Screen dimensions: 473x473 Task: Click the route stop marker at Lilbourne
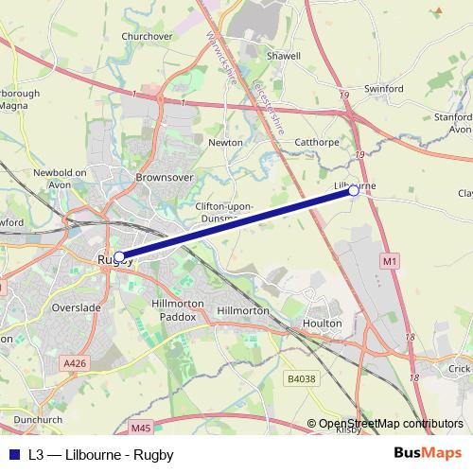(x=354, y=191)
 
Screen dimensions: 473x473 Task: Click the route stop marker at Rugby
(x=119, y=255)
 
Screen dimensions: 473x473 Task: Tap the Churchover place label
(x=147, y=37)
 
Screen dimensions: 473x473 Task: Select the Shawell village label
(x=283, y=56)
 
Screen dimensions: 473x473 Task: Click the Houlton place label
(x=322, y=323)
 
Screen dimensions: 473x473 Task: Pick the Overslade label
(x=77, y=307)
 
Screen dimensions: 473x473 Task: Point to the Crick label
(x=459, y=369)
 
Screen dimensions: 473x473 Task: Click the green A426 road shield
(x=75, y=362)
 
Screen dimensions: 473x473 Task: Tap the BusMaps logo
(x=427, y=454)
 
